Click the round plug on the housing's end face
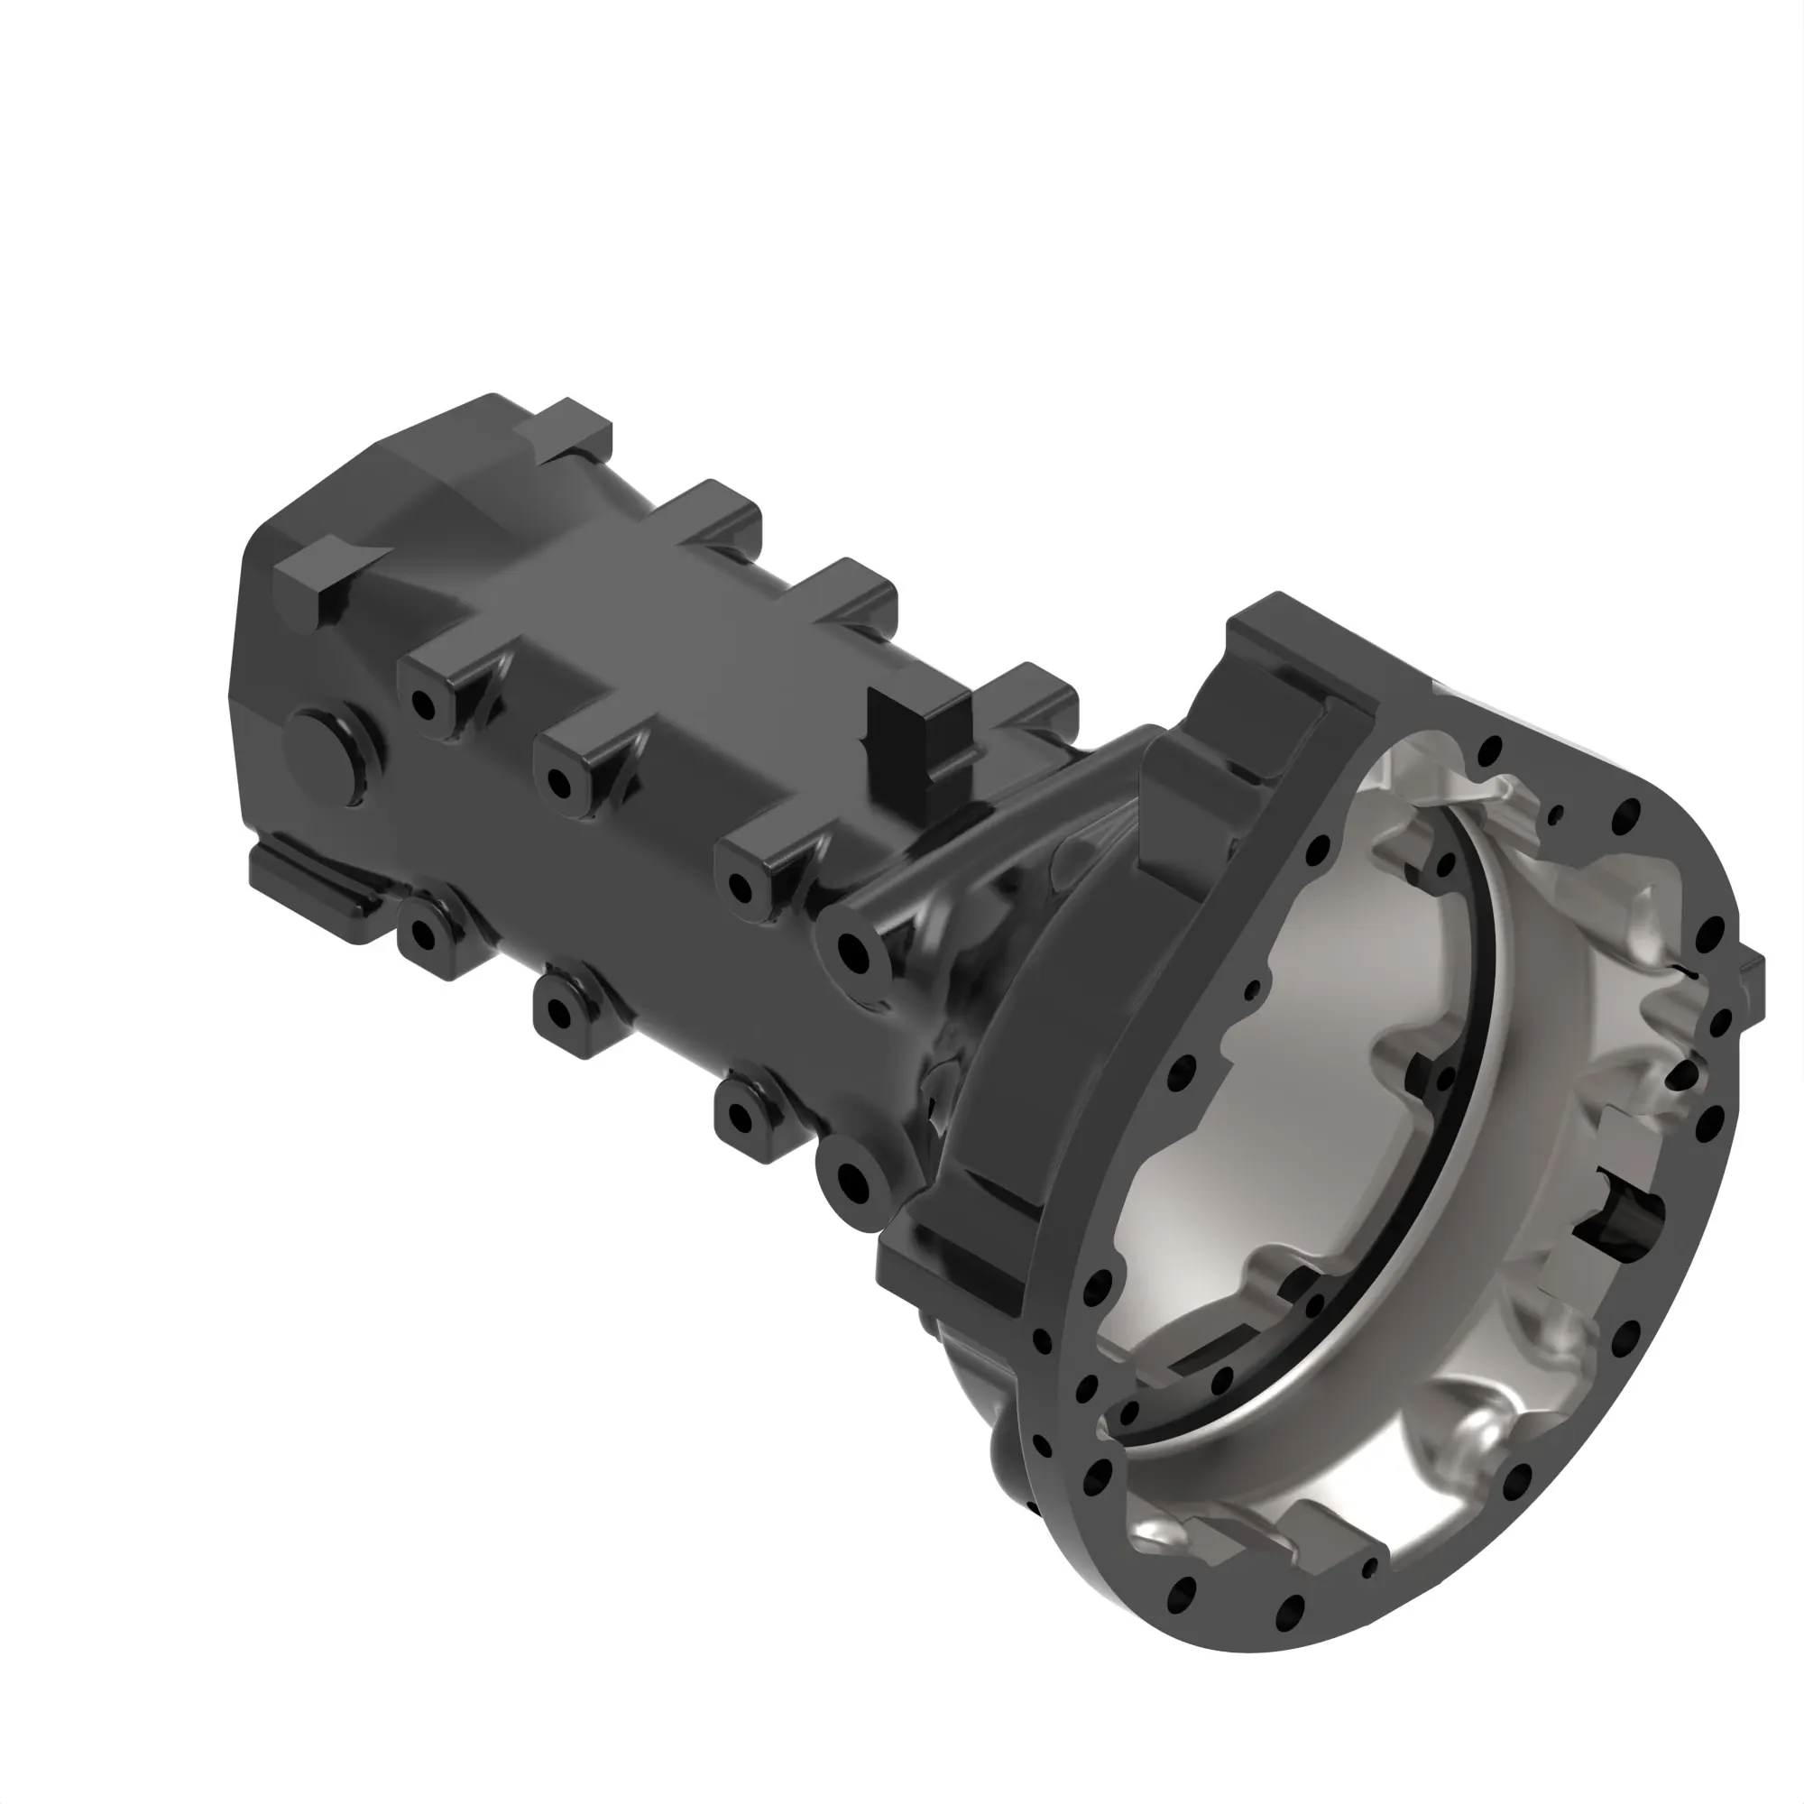click(328, 755)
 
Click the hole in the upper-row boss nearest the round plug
click(423, 704)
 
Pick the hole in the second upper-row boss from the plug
click(560, 781)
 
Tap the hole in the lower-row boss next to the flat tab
click(423, 933)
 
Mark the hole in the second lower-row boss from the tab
click(560, 1012)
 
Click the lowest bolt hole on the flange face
click(1290, 1606)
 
